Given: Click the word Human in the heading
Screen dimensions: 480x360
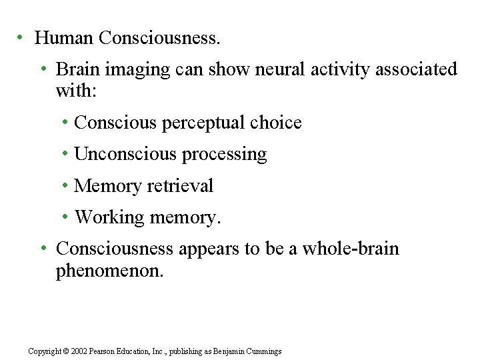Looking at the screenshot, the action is (64, 38).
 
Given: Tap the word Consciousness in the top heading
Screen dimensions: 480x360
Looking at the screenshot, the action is (159, 38).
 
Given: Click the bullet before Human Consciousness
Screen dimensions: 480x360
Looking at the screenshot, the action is (21, 37).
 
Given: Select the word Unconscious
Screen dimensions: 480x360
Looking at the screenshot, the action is (125, 154).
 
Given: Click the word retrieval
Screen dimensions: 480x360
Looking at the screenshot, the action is (181, 185).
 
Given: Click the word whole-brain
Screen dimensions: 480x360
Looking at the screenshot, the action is (351, 249).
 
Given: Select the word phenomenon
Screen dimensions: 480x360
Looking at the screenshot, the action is (109, 271).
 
